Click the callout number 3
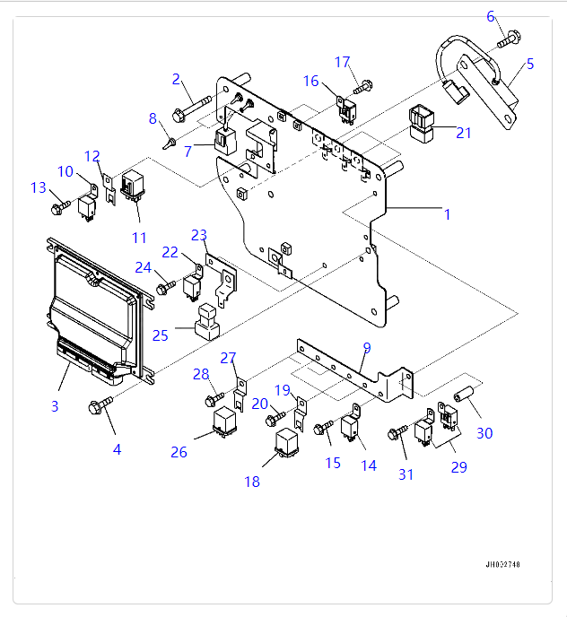(54, 406)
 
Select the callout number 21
(463, 133)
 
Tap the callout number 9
(366, 347)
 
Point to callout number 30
(484, 433)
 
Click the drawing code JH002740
(502, 565)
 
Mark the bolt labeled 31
(397, 433)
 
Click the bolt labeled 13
(58, 208)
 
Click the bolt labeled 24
(166, 288)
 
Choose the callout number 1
(447, 214)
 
